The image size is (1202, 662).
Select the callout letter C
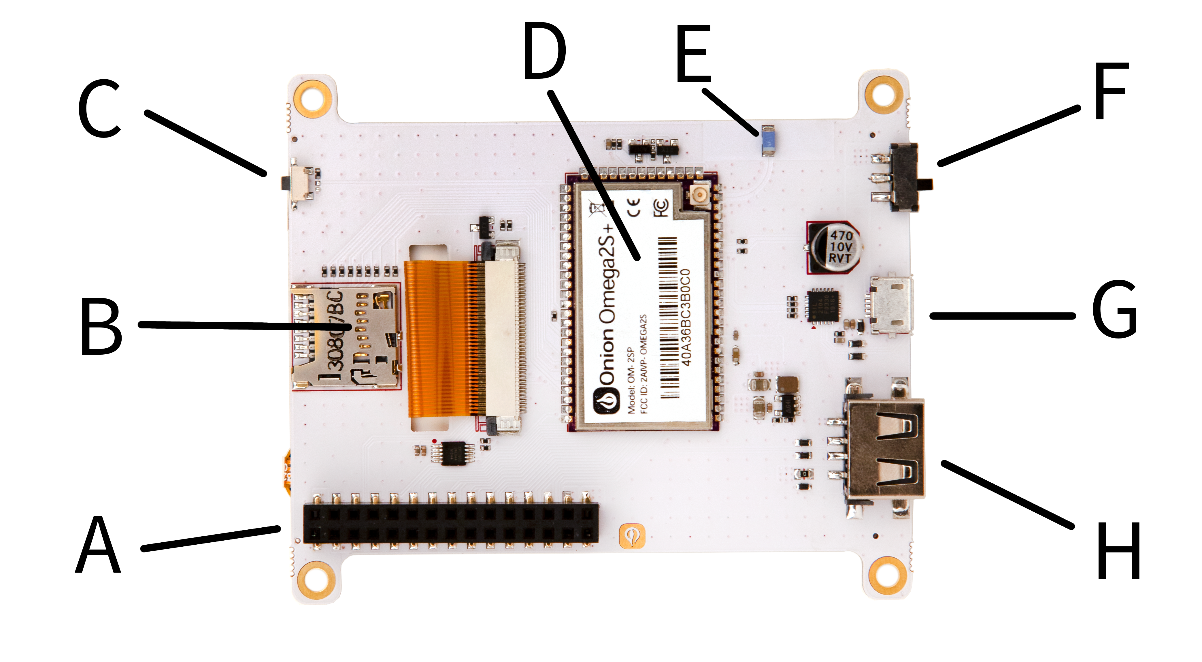tap(99, 109)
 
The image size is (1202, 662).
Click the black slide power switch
tap(905, 177)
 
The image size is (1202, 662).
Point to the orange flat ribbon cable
tap(439, 338)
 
